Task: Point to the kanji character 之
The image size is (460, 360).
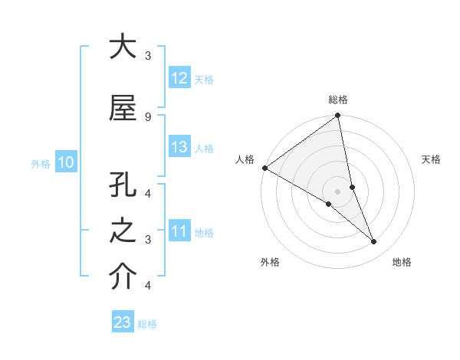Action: tap(123, 231)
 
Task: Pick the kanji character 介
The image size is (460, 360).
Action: tap(123, 277)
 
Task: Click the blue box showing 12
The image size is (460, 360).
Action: tap(179, 78)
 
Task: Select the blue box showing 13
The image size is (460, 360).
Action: tap(179, 147)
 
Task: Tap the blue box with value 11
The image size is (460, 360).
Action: tap(179, 231)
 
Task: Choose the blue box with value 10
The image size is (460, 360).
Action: tap(66, 162)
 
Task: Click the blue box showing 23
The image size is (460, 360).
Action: tap(123, 322)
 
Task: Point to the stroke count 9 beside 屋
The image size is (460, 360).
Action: tap(147, 116)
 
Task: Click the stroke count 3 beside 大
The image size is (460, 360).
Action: tap(147, 56)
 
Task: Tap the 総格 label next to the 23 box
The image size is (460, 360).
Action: tap(147, 324)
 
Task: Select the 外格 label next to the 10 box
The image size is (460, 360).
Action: tap(41, 163)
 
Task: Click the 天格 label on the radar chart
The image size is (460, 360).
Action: tap(432, 159)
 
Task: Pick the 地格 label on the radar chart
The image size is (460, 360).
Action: tap(402, 262)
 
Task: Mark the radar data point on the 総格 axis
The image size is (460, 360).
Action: tap(337, 116)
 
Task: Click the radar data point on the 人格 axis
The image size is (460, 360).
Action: tap(264, 168)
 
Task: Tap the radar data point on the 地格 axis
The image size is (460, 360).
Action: tap(374, 241)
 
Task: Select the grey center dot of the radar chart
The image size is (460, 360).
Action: tap(337, 191)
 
